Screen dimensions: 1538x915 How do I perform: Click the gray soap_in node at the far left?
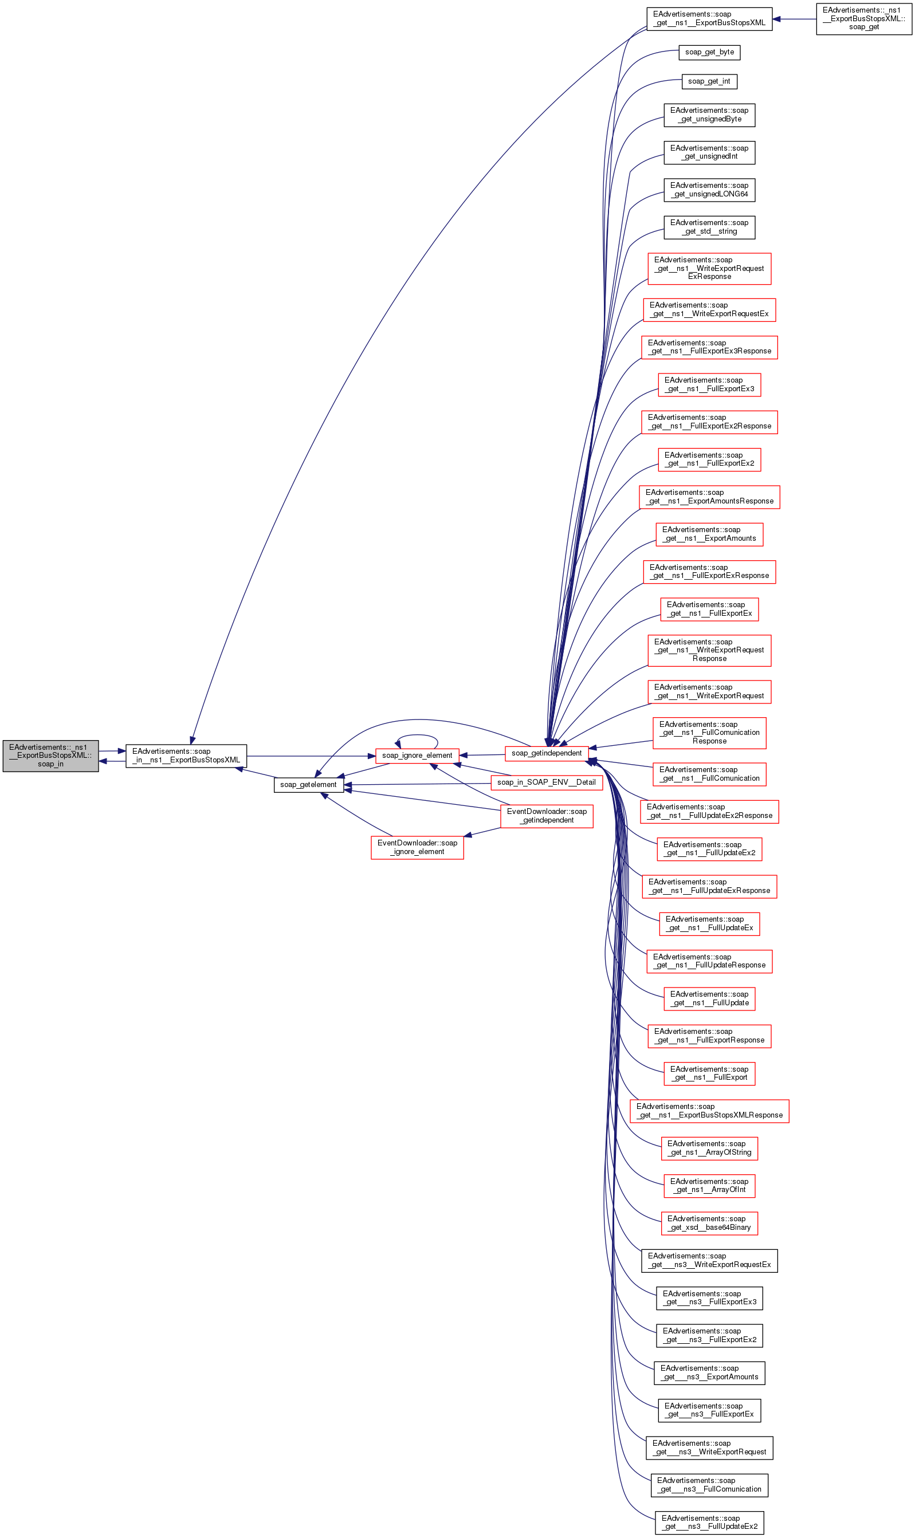(50, 755)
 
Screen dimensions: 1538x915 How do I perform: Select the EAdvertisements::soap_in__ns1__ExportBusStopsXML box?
(186, 755)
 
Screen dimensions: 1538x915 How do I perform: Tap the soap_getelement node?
(308, 784)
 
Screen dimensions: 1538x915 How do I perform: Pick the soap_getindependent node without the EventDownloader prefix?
(546, 753)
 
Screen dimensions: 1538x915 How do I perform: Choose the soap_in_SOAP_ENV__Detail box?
(546, 782)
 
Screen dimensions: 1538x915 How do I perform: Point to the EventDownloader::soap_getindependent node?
(546, 816)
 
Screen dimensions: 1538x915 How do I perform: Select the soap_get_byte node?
(709, 52)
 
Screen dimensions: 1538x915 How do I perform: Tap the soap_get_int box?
(709, 81)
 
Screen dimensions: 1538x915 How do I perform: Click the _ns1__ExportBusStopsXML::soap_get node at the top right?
(863, 18)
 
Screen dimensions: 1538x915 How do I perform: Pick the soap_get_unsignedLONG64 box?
(709, 190)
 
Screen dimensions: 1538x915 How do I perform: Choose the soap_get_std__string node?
(709, 227)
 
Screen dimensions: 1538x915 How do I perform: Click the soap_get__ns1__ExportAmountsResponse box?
(709, 497)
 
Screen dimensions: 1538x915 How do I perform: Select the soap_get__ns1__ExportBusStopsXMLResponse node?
(709, 1111)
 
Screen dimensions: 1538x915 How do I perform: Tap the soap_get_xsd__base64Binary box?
(709, 1223)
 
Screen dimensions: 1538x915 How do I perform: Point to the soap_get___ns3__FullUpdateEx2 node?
(709, 1522)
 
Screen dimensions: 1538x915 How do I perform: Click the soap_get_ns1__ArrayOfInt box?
(709, 1185)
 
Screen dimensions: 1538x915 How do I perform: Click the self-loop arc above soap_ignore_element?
(418, 735)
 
